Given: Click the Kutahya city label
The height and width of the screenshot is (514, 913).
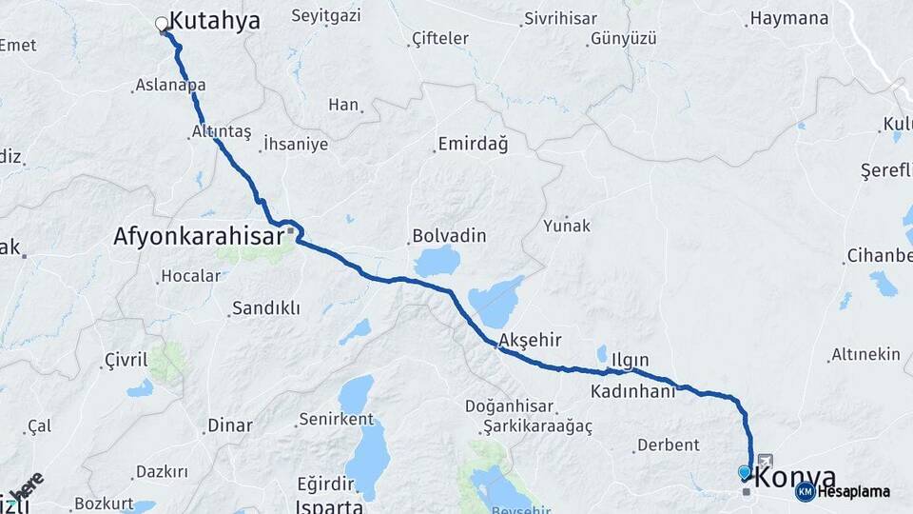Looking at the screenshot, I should pos(214,22).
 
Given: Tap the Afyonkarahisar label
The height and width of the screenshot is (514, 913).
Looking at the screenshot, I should pos(198,235).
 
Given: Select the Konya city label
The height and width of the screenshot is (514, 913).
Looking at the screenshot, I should pos(796,477).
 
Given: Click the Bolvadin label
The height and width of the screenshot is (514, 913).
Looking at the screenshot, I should pos(449,236).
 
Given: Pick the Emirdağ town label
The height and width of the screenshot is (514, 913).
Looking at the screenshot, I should pos(472,145).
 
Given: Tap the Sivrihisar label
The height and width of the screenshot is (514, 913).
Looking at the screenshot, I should pos(562,19).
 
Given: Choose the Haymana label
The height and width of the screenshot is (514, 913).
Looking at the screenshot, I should pos(789,18).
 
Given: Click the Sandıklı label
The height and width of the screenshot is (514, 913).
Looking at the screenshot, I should pos(265,308).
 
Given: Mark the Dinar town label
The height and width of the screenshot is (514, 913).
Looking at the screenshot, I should pos(230,425).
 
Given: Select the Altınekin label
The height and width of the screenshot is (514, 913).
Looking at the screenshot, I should pos(865,354).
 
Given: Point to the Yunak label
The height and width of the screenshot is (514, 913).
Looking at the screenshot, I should pos(567,226).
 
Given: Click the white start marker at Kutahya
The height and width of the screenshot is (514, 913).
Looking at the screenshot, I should pos(162,24).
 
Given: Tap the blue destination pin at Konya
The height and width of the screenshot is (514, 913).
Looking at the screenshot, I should pos(744,472).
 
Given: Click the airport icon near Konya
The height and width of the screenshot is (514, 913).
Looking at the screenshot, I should pos(766,461).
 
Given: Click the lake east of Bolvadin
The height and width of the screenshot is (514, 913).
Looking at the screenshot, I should pos(437,261).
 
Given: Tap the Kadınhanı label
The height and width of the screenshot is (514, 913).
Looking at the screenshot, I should pos(632,391).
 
